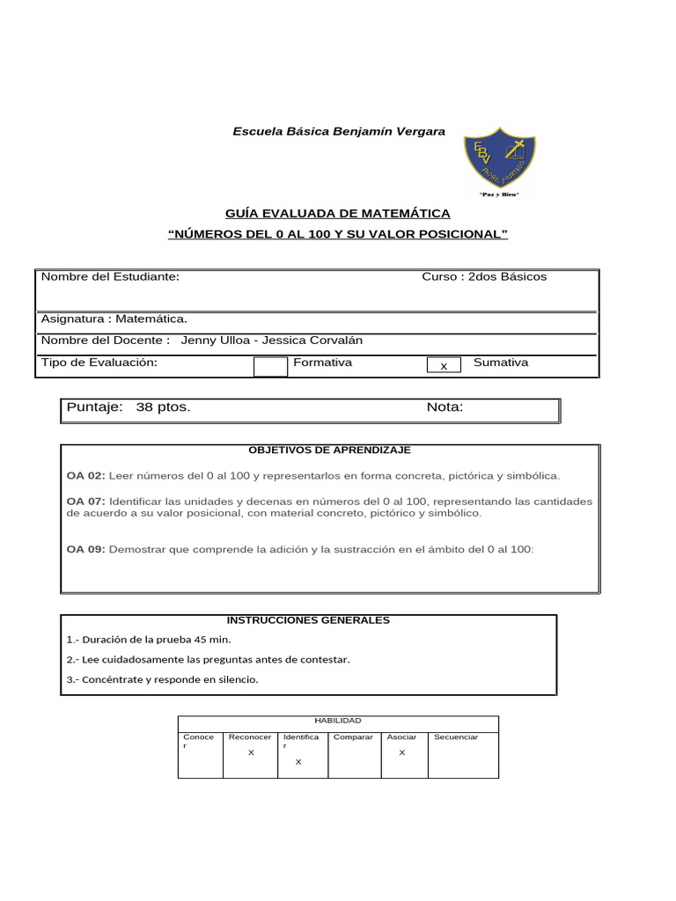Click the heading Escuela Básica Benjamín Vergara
(339, 131)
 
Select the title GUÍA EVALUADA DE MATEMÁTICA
(338, 213)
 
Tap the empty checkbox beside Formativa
(270, 366)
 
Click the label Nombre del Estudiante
(110, 276)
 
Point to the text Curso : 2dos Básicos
(484, 276)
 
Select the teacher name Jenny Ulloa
(212, 340)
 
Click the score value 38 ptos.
(163, 407)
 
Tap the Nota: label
(445, 407)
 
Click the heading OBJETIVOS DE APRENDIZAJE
(329, 450)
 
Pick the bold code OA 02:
(85, 475)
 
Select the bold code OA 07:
(85, 501)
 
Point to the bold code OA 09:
(85, 549)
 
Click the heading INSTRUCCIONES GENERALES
(308, 620)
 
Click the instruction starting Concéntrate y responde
(162, 679)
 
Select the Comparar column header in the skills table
(353, 737)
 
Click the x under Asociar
(402, 753)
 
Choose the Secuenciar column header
(456, 737)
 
